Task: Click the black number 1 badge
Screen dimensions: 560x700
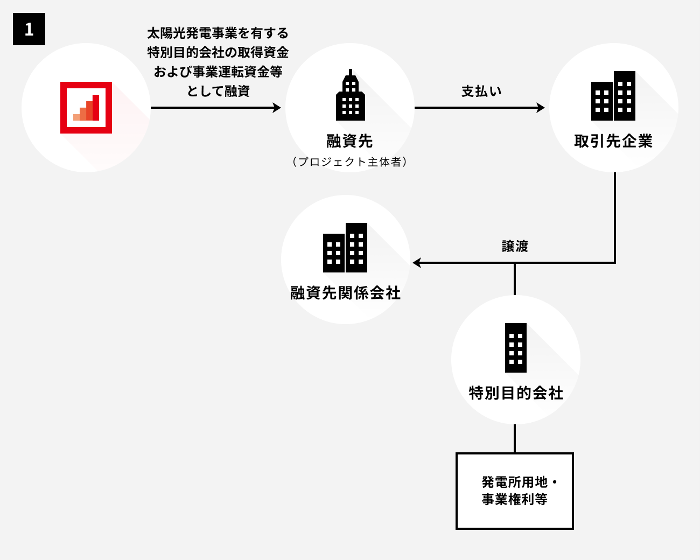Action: click(29, 29)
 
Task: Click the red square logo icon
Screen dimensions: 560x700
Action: click(86, 108)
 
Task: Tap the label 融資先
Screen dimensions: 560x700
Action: click(349, 142)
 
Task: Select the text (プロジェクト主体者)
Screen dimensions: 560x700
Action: click(349, 162)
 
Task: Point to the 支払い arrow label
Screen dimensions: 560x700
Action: click(481, 91)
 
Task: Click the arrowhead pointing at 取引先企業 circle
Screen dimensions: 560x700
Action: click(540, 108)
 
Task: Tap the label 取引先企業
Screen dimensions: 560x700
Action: click(613, 142)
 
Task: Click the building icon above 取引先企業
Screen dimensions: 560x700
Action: click(613, 96)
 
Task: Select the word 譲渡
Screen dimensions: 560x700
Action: click(515, 247)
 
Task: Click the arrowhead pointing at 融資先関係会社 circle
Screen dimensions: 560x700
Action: click(417, 263)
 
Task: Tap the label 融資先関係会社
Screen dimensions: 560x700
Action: click(345, 293)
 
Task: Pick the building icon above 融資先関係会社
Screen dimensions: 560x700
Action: click(345, 248)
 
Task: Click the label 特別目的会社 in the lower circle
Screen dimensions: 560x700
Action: click(516, 393)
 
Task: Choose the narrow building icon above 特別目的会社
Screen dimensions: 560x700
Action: click(516, 348)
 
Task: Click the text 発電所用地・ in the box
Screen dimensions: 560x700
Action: click(519, 481)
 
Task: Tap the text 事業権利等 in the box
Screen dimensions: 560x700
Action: click(514, 500)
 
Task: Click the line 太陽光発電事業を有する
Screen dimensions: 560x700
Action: click(218, 33)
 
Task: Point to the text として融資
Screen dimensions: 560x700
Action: click(218, 91)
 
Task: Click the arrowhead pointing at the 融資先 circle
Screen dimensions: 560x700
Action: click(277, 108)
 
